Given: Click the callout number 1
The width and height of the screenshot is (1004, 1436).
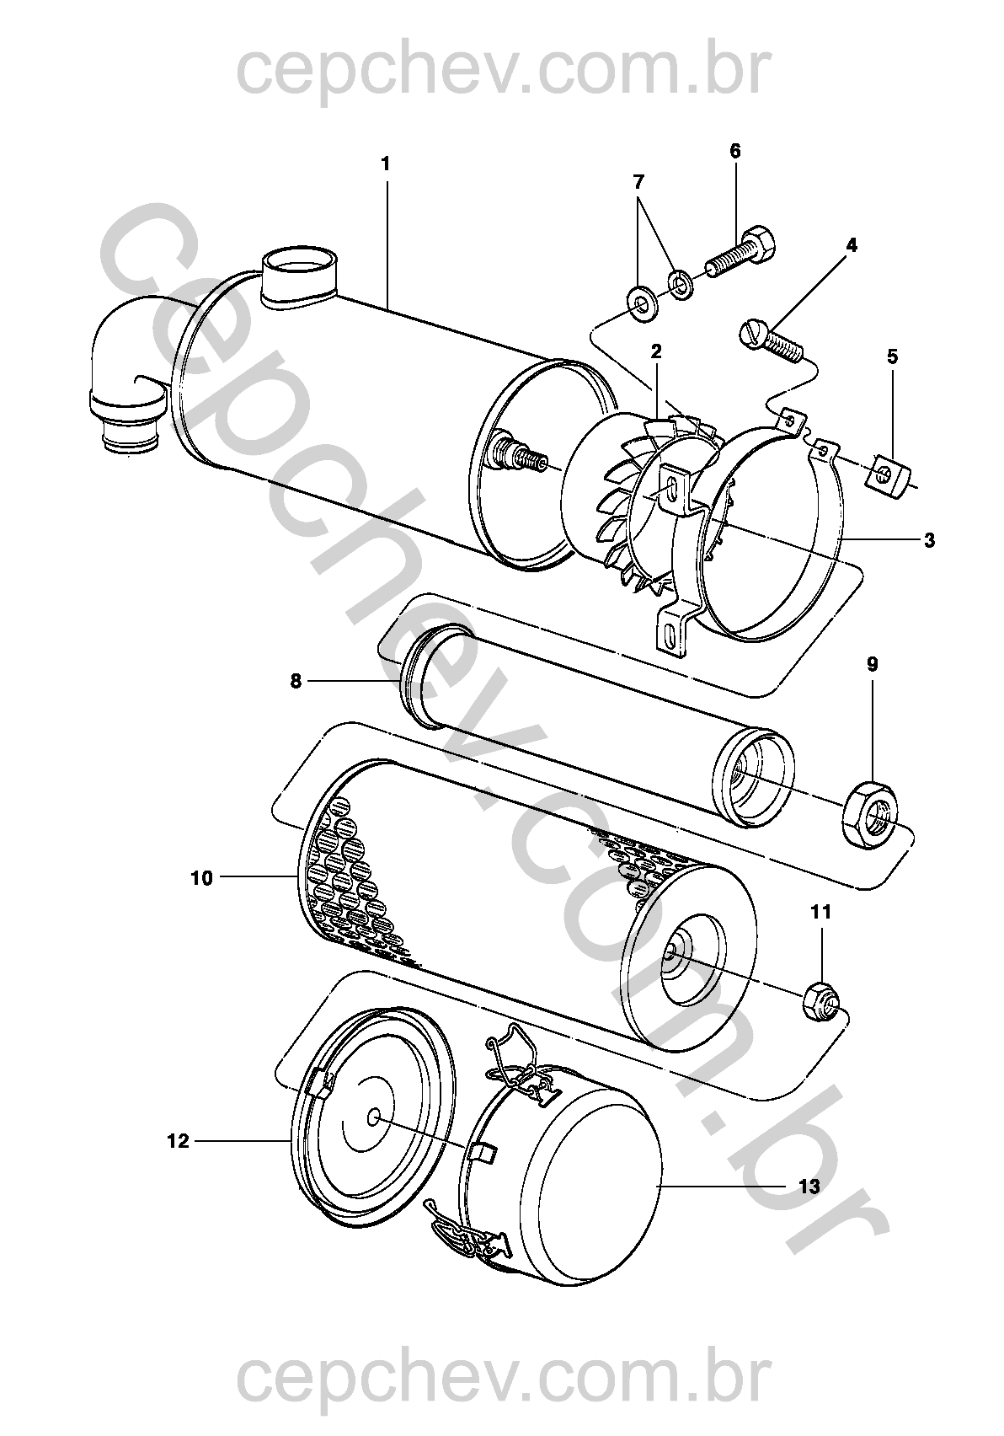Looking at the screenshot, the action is click(385, 164).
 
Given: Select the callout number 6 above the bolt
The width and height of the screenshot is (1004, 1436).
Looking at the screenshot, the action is click(735, 152).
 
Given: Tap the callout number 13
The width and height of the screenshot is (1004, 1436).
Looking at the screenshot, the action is click(809, 1185).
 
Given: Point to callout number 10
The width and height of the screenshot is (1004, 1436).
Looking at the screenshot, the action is click(201, 877).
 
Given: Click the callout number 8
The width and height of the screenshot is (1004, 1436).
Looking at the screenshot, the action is click(296, 681).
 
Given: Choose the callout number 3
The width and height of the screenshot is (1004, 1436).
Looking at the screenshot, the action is click(928, 540).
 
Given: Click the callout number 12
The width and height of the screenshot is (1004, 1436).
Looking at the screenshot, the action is click(178, 1141).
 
